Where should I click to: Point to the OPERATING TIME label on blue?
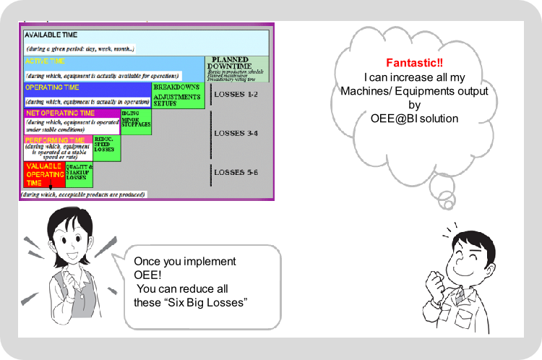click(x=55, y=87)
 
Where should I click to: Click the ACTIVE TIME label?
click(x=46, y=61)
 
